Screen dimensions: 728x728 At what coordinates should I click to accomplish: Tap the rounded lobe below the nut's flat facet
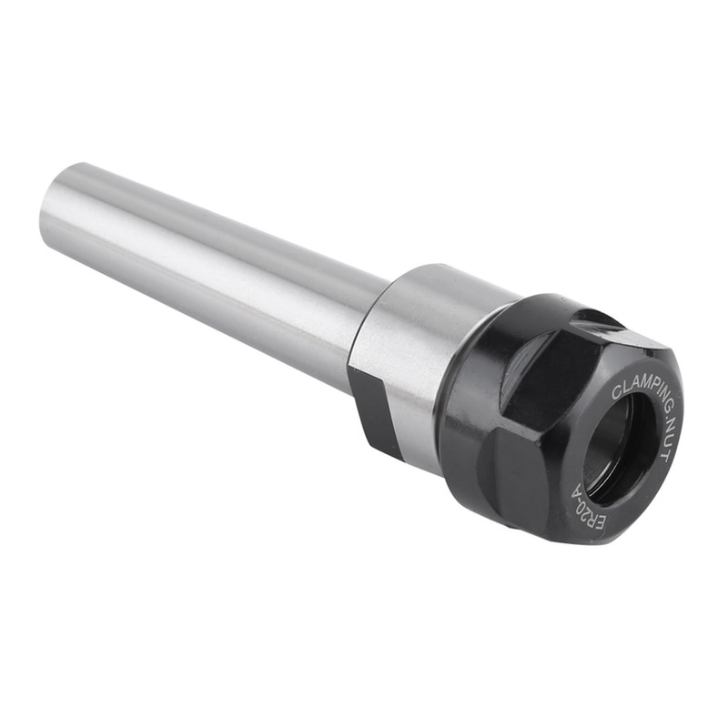click(x=510, y=473)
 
